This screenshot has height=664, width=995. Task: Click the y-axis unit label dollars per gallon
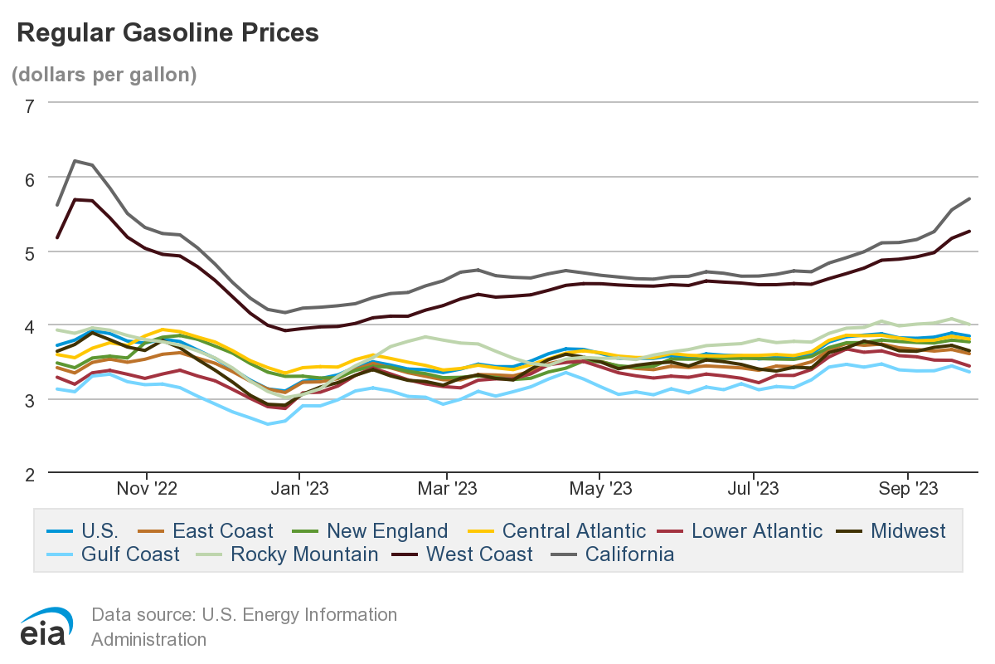click(x=104, y=74)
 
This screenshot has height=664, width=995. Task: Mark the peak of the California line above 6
click(x=75, y=161)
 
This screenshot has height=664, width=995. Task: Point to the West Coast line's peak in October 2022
click(x=75, y=199)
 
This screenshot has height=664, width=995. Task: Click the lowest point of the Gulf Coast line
click(x=268, y=424)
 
